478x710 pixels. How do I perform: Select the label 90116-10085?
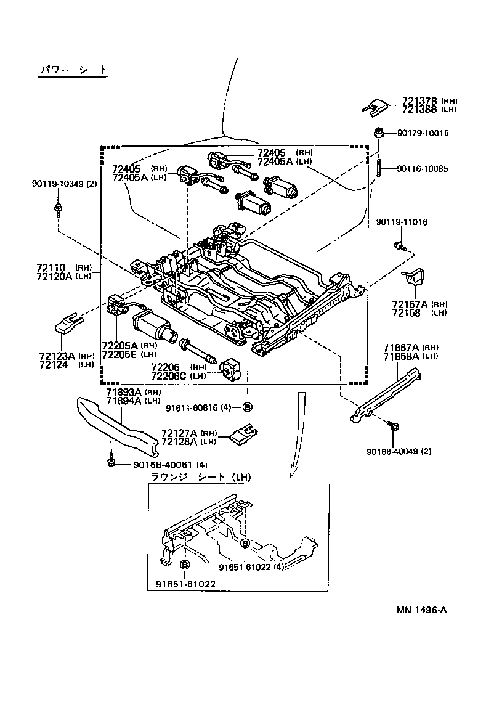pyautogui.click(x=423, y=168)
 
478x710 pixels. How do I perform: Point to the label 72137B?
pyautogui.click(x=420, y=100)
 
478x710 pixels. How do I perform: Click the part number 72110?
pyautogui.click(x=51, y=267)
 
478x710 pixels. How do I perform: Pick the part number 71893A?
pyautogui.click(x=124, y=392)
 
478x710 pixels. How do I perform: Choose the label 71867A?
pyautogui.click(x=401, y=348)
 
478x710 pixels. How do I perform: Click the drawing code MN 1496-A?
pyautogui.click(x=421, y=610)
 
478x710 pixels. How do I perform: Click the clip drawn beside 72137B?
pyautogui.click(x=375, y=107)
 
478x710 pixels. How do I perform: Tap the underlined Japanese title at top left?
pyautogui.click(x=73, y=71)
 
